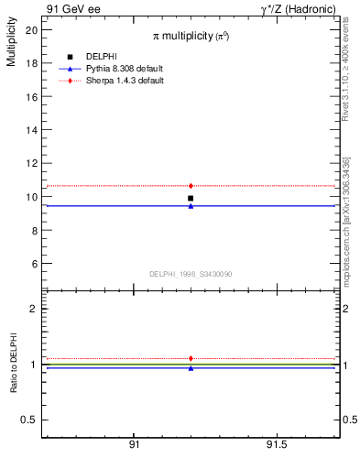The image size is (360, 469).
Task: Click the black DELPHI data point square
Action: pos(191,198)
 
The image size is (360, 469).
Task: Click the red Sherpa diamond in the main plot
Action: pos(191,186)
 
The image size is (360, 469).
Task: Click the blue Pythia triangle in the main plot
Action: pos(191,206)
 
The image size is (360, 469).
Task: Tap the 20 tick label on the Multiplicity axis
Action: pos(32,29)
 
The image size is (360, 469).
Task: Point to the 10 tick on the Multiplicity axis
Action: pos(32,197)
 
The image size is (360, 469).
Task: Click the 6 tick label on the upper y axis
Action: pos(34,264)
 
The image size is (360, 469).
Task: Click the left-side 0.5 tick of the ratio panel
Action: pos(31,420)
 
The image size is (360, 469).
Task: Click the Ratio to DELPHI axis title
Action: pos(13,363)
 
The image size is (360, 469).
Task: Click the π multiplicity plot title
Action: pos(191,36)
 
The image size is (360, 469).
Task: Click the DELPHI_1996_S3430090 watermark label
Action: pos(191,274)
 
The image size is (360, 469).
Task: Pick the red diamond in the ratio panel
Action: pos(191,358)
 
